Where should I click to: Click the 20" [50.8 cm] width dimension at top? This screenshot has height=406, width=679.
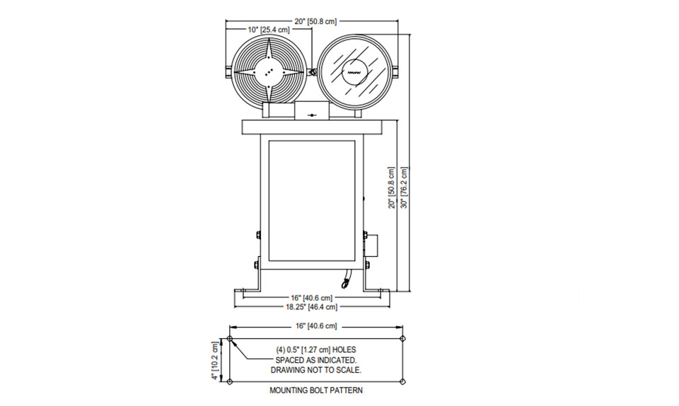[x=315, y=21]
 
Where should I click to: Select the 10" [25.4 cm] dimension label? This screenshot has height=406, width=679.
[x=269, y=30]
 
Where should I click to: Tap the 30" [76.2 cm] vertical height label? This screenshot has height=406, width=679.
[x=404, y=187]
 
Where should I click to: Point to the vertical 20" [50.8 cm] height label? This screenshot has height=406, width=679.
[x=391, y=188]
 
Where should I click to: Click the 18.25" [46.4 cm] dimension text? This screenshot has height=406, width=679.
[x=311, y=307]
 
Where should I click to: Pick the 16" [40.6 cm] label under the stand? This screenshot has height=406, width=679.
[x=311, y=298]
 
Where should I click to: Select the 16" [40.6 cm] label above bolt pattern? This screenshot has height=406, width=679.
[x=315, y=326]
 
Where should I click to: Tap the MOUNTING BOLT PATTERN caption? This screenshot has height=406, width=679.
[x=316, y=390]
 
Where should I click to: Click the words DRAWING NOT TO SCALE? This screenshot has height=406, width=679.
[x=316, y=370]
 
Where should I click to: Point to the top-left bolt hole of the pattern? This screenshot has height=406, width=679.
[x=229, y=339]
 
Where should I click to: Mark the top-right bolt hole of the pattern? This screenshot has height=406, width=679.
[x=402, y=339]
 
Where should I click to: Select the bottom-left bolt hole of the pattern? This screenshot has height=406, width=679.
[x=229, y=382]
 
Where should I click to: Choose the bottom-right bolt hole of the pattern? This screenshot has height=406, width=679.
[x=402, y=382]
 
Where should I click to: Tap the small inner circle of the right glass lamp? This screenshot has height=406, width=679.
[x=354, y=72]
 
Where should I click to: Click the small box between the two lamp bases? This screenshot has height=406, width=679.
[x=312, y=111]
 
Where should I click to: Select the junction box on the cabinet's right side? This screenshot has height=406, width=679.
[x=371, y=245]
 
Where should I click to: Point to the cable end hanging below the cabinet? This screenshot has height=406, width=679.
[x=345, y=284]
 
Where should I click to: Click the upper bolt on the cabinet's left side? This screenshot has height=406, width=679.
[x=257, y=235]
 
